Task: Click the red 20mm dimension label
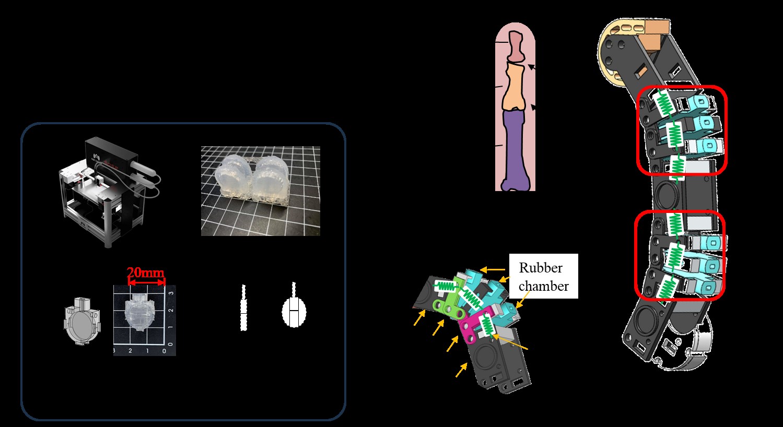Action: pos(145,272)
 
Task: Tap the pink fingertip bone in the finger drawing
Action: pos(516,46)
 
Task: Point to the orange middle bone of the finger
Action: pos(513,86)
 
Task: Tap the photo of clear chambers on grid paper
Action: pos(260,191)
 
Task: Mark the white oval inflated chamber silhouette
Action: pos(294,311)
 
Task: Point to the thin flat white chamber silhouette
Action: pos(243,308)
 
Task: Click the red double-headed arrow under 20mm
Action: pos(146,282)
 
